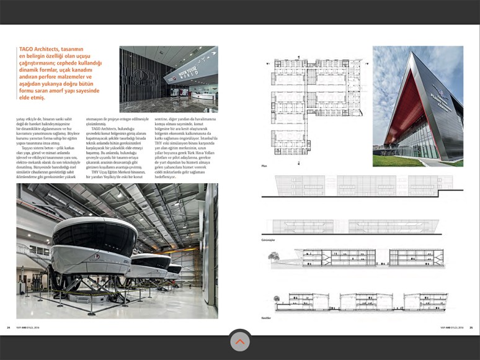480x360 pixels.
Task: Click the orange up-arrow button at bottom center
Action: (240, 341)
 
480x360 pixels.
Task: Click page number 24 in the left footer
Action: (9, 328)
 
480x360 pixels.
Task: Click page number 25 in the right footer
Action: (471, 328)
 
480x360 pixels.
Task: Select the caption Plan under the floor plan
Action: (265, 166)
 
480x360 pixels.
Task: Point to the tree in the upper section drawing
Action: (274, 254)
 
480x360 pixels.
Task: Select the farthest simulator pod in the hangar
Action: (174, 268)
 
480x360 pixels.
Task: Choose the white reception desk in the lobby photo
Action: (202, 97)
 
